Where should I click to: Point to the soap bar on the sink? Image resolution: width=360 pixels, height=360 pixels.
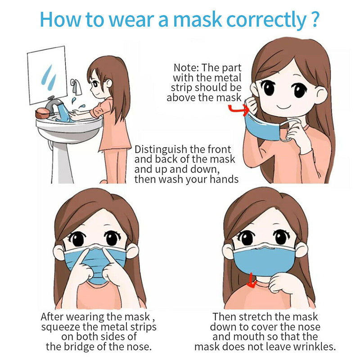pyautogui.click(x=43, y=112)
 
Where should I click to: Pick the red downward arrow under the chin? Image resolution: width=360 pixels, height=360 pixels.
pyautogui.click(x=252, y=282)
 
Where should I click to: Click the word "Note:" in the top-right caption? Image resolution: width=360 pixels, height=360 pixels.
pyautogui.click(x=186, y=68)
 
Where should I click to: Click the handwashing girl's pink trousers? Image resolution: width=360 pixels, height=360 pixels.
pyautogui.click(x=115, y=164)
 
